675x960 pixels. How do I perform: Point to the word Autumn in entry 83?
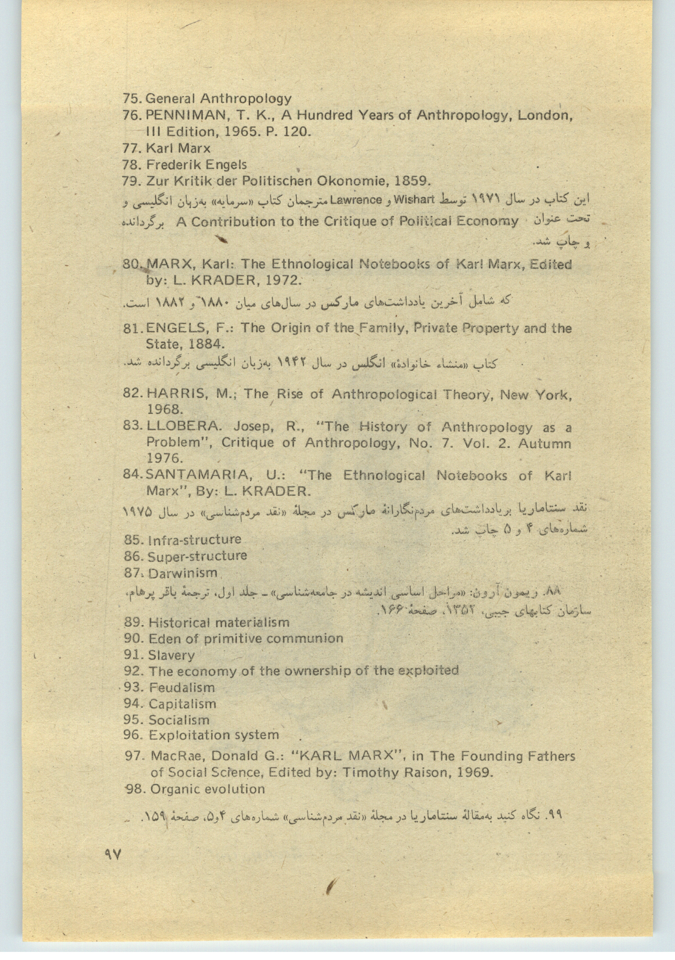click(x=544, y=443)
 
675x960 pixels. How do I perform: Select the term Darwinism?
click(x=183, y=573)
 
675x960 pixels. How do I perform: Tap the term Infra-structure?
click(x=195, y=540)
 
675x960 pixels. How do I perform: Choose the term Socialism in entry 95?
click(x=179, y=720)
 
